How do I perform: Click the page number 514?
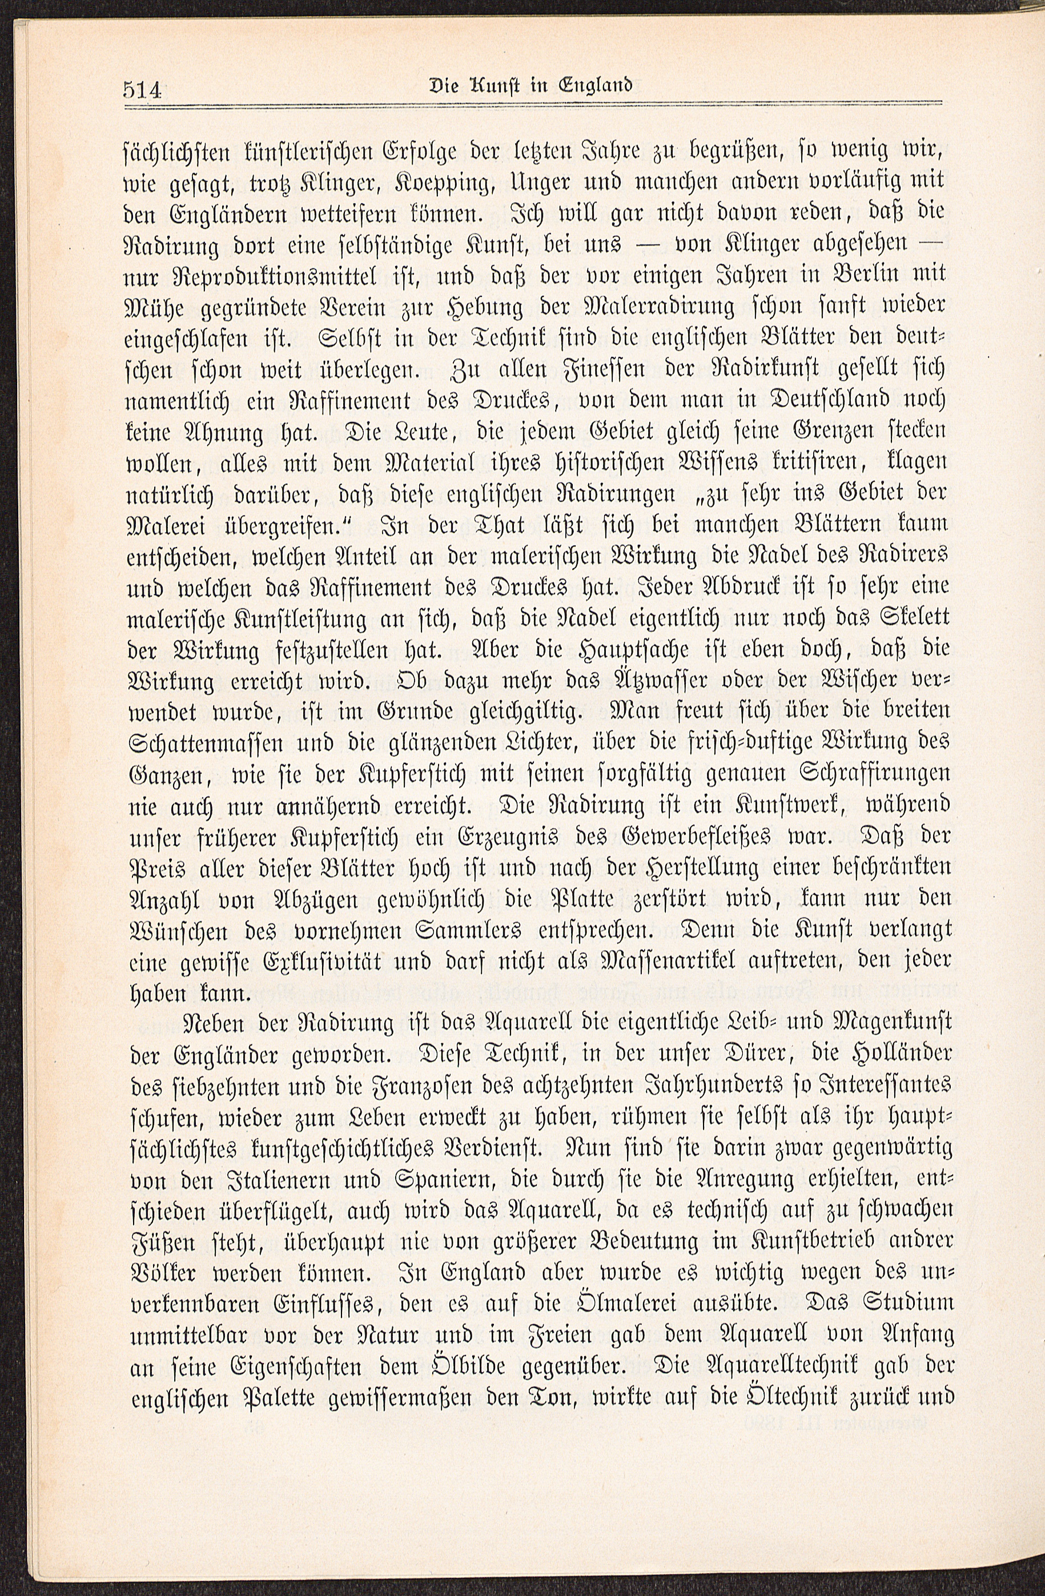tap(143, 89)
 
